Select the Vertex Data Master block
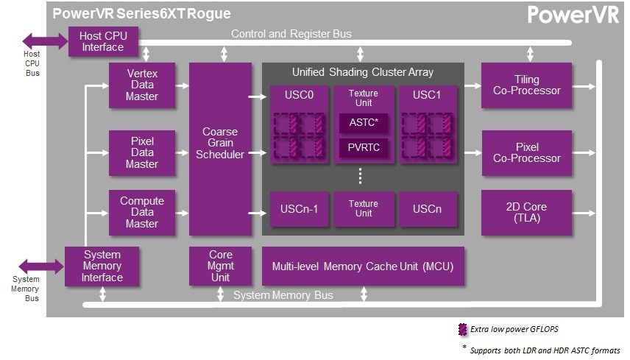141,85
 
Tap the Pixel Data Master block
141,153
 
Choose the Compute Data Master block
141,213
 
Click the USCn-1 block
299,209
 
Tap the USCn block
427,209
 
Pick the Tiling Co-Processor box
527,85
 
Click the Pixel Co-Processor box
527,153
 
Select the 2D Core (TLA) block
527,213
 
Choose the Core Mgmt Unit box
220,266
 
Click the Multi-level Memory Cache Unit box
363,266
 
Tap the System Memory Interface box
102,266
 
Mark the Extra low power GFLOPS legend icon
462,328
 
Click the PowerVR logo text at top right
572,15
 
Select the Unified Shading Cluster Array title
363,72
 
